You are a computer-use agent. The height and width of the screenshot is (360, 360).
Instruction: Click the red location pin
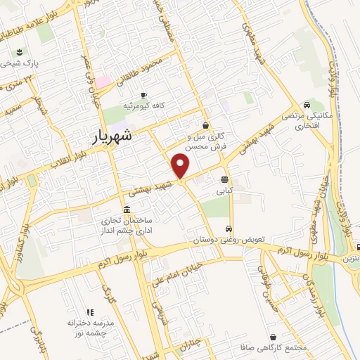181,166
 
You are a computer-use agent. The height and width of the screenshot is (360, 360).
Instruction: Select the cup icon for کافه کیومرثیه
143,95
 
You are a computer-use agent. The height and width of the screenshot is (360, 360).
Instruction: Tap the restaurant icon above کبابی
224,179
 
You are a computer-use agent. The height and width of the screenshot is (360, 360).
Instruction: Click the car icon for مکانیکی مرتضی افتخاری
305,104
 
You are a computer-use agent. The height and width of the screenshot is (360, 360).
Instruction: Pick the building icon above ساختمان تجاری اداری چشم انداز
126,210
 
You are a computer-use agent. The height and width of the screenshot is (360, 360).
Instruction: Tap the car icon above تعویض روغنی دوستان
229,229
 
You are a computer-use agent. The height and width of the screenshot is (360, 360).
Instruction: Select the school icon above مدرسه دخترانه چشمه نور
89,312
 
